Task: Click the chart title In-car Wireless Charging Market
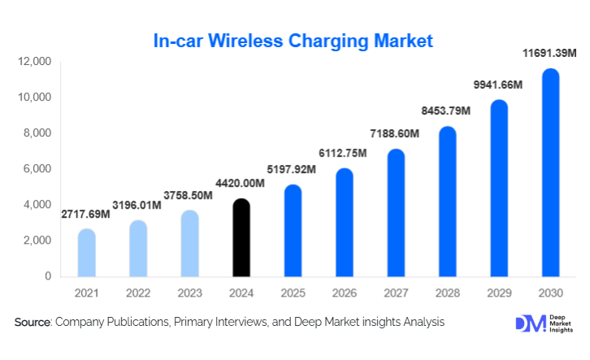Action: pyautogui.click(x=293, y=41)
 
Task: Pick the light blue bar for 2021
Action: pyautogui.click(x=87, y=253)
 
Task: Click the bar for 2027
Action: pyautogui.click(x=396, y=213)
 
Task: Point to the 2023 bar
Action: pyautogui.click(x=190, y=244)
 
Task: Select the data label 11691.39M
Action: pyautogui.click(x=549, y=54)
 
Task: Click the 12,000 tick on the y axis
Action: pyautogui.click(x=35, y=62)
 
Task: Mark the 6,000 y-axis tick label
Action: pyautogui.click(x=38, y=169)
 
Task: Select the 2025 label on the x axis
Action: pyautogui.click(x=293, y=293)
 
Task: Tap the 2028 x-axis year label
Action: pyautogui.click(x=447, y=293)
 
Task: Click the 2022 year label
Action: pyautogui.click(x=138, y=293)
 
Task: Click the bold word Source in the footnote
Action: pyautogui.click(x=33, y=323)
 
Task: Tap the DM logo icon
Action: pyautogui.click(x=526, y=323)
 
